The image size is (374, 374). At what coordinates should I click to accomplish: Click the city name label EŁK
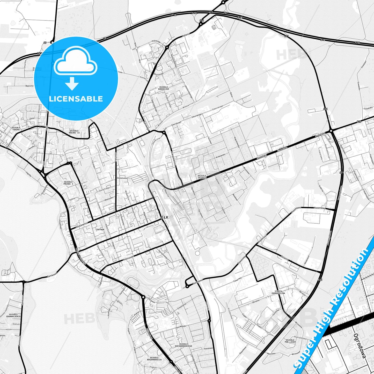(x=165, y=217)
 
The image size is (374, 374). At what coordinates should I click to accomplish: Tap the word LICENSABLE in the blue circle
(x=76, y=99)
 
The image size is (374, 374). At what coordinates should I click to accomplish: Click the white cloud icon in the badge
(x=76, y=61)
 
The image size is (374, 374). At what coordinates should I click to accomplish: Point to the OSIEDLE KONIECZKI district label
(x=164, y=88)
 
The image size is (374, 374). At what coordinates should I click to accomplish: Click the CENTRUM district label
(x=100, y=230)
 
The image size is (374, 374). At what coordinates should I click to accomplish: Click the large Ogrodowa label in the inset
(x=360, y=346)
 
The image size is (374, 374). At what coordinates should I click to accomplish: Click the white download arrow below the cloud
(x=72, y=83)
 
